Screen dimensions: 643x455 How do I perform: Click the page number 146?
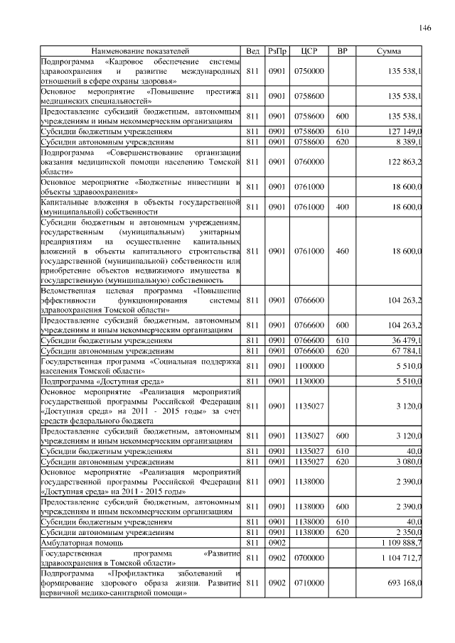425,28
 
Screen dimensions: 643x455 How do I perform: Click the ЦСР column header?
309,52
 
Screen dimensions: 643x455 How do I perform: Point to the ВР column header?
342,52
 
